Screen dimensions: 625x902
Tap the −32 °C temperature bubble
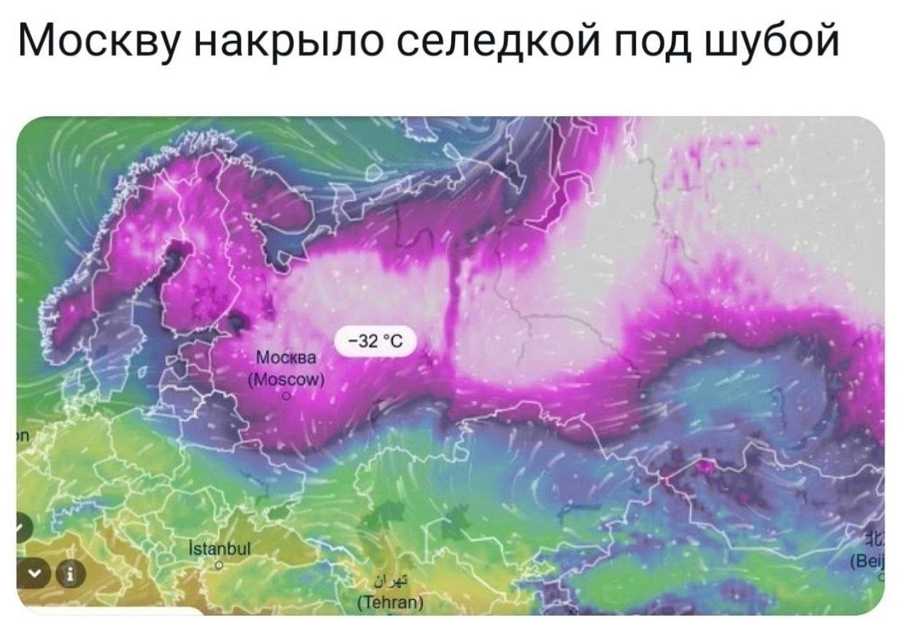click(x=374, y=341)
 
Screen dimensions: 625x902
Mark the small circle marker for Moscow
click(x=287, y=396)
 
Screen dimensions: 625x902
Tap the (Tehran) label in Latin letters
click(x=388, y=602)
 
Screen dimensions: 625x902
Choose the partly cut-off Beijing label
click(x=871, y=563)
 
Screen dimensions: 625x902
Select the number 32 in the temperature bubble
click(x=368, y=341)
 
